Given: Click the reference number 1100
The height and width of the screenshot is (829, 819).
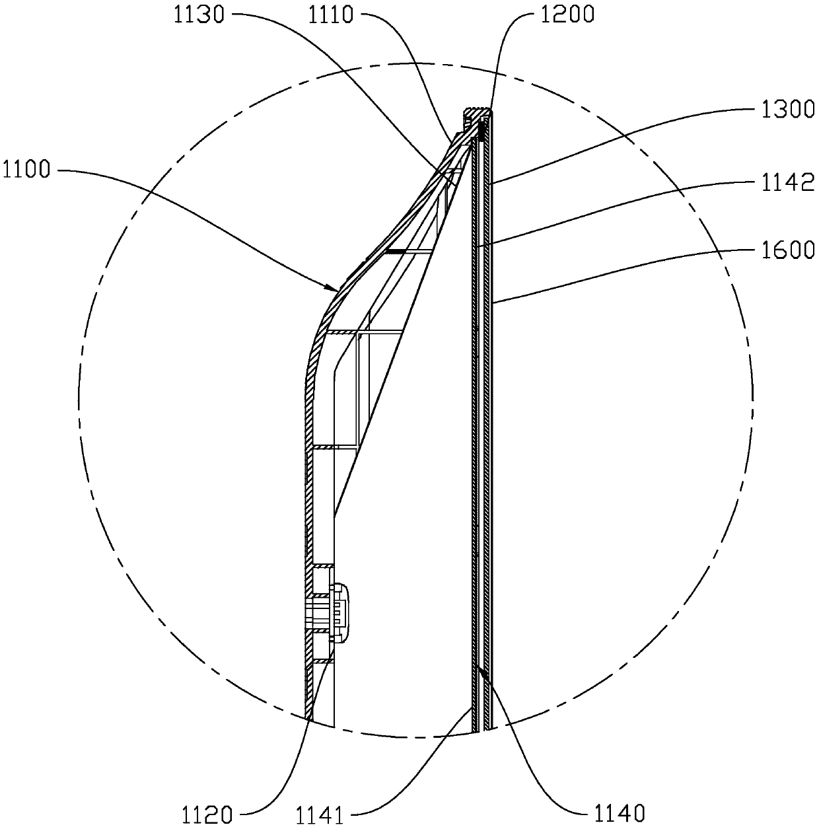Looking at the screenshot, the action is pos(26,170).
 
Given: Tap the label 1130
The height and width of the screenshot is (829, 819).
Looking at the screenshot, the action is pos(199,15).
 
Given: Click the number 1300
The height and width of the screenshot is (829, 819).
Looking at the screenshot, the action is pos(788,110).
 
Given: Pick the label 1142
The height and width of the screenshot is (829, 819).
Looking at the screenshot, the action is pos(788,182).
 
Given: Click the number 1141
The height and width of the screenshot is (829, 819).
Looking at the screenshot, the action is pos(319,815).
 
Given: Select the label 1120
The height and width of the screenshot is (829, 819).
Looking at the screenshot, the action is pos(207,814).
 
